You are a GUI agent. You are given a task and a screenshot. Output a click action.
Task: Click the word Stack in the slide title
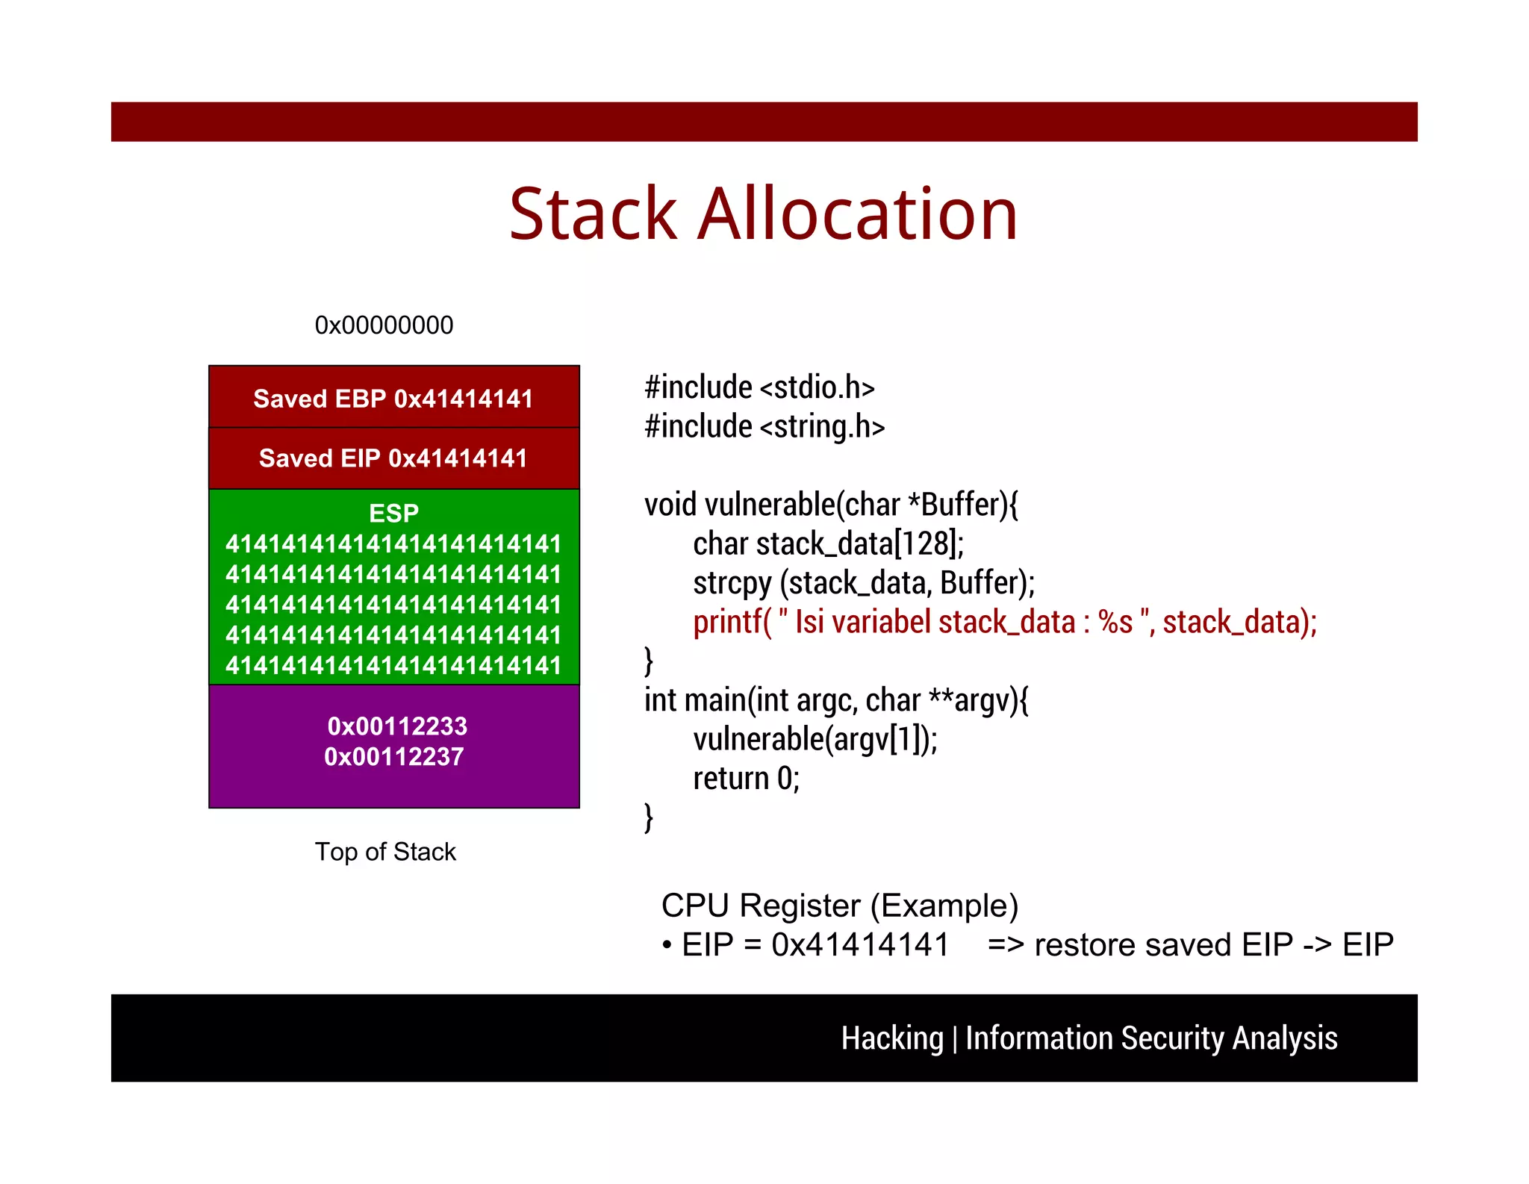(594, 215)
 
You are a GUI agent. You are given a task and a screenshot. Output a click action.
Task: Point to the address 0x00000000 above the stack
(384, 325)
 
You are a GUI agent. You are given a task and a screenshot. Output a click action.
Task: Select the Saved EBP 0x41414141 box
(393, 398)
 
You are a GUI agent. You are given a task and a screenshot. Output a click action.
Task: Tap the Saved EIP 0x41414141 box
(393, 458)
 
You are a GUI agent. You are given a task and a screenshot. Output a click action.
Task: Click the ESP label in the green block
(393, 513)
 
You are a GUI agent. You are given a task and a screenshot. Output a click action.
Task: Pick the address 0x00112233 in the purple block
(397, 726)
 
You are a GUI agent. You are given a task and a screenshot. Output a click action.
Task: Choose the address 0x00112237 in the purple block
(393, 756)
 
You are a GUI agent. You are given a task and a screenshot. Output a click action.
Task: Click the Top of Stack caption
(385, 852)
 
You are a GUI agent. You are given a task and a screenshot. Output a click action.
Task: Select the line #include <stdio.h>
(759, 387)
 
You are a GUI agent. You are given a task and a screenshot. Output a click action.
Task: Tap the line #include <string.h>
(764, 426)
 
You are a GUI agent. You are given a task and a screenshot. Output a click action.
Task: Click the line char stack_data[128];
(828, 543)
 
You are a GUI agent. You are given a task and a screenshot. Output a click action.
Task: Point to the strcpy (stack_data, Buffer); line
(864, 582)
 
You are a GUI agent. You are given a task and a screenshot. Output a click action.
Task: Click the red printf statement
(1004, 622)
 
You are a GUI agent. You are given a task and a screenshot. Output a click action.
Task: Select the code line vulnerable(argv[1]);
(815, 739)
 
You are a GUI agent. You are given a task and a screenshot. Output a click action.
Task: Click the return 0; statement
(746, 779)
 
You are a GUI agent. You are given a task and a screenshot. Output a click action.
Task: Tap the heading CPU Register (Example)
(839, 906)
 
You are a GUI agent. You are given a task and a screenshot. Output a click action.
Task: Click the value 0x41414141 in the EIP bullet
(859, 944)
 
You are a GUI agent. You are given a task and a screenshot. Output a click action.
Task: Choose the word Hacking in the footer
(891, 1038)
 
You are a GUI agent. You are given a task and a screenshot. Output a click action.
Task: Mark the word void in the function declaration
(670, 505)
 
